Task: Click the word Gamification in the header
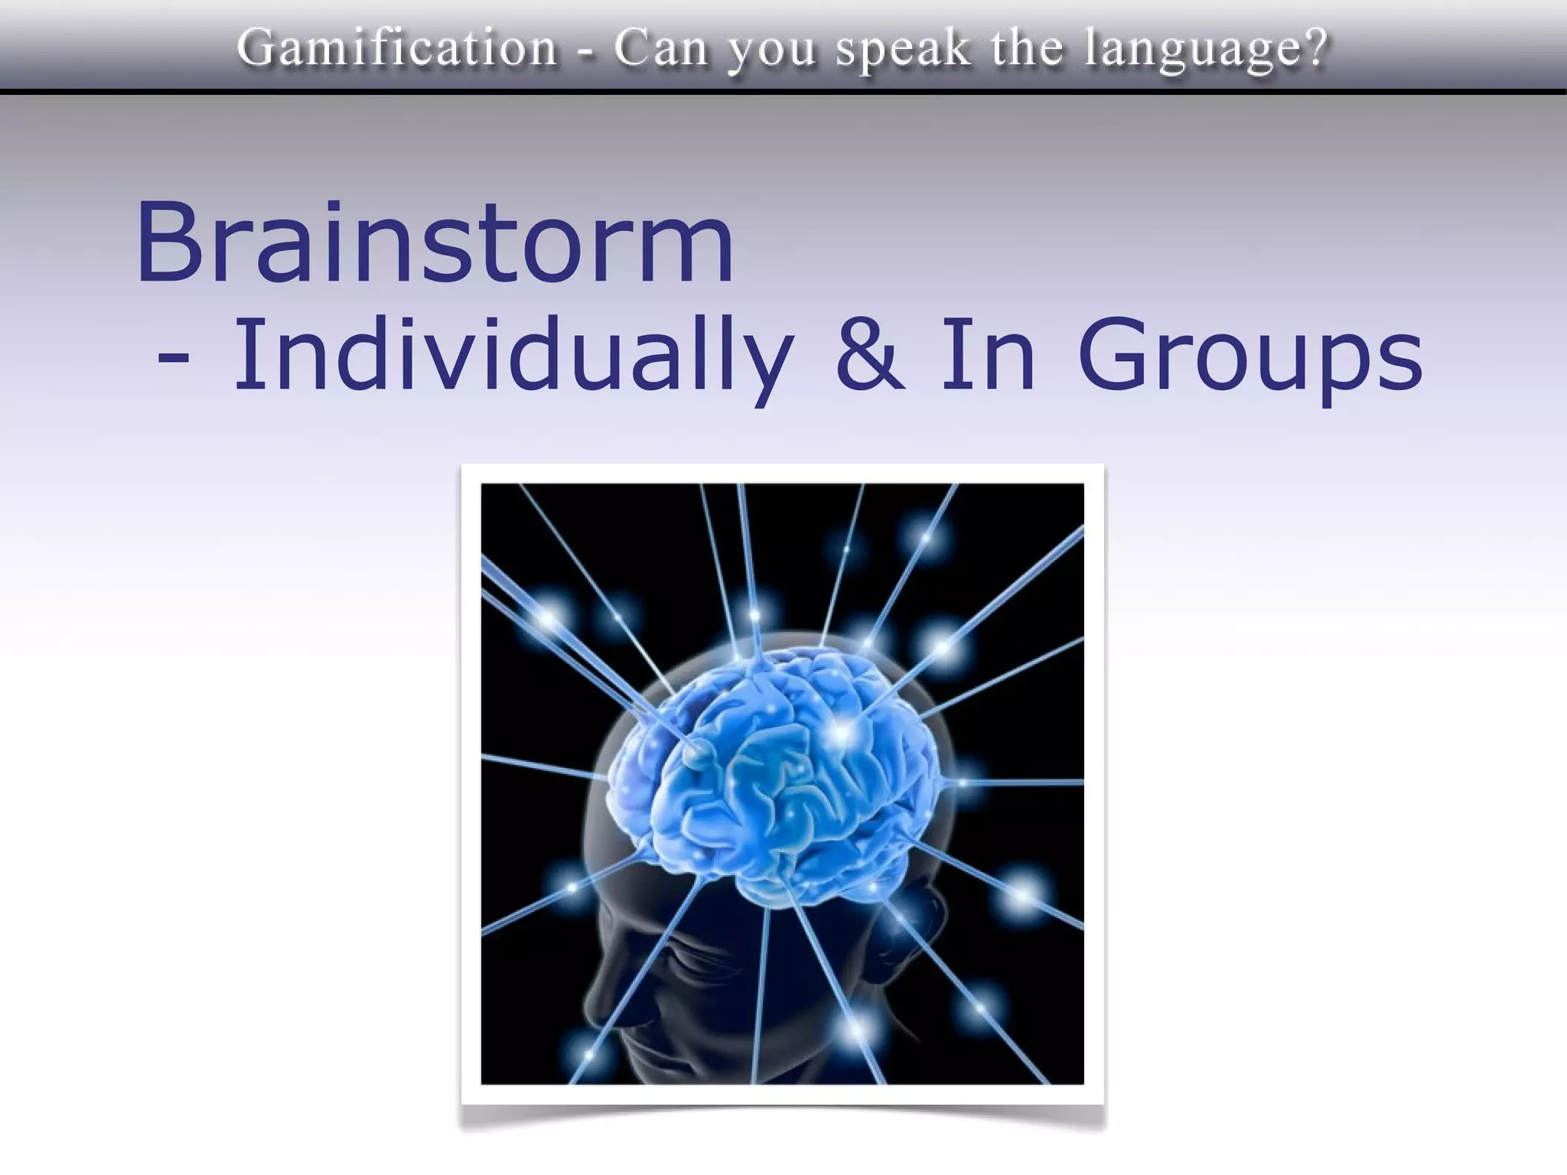[x=397, y=47]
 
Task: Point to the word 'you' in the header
[x=772, y=50]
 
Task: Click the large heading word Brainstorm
[x=435, y=242]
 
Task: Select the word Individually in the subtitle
[x=512, y=356]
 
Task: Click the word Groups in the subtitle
[x=1250, y=356]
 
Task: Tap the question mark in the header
[x=1315, y=47]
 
